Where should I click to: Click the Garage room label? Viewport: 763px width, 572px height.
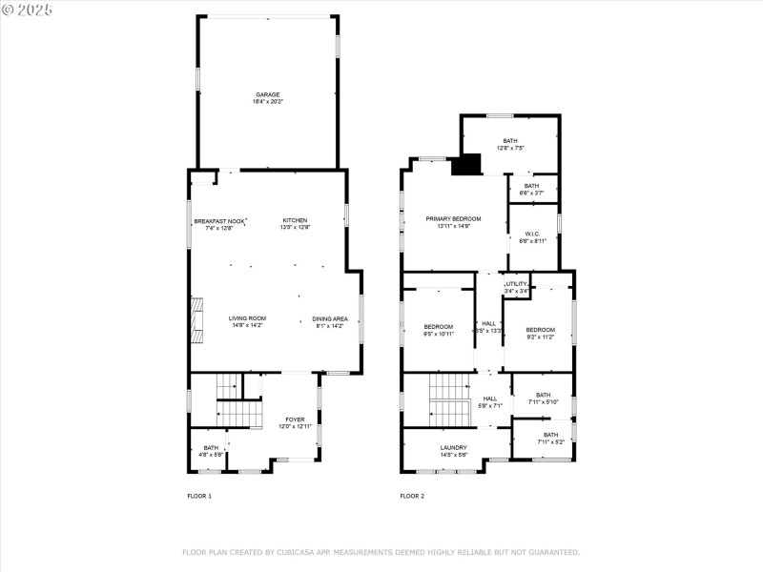click(267, 97)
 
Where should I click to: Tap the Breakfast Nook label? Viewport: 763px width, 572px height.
click(219, 224)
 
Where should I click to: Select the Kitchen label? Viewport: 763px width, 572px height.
click(295, 224)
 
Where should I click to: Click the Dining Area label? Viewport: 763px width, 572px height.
click(330, 321)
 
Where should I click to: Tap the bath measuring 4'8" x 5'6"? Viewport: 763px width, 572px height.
click(211, 451)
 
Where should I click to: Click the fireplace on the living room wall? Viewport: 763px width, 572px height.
click(197, 319)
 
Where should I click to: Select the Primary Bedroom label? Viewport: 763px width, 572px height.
click(453, 222)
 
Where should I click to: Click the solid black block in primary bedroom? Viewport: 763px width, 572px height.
click(465, 166)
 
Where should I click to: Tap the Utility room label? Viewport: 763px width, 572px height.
click(516, 287)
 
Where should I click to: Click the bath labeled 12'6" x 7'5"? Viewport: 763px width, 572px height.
click(510, 144)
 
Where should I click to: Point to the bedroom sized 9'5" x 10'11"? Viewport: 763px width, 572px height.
click(439, 331)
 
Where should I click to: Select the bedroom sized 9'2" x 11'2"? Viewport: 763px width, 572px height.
click(539, 333)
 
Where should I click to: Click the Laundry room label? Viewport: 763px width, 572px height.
click(453, 451)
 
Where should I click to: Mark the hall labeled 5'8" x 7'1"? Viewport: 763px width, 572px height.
click(489, 402)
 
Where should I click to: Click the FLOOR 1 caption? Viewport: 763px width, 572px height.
click(199, 497)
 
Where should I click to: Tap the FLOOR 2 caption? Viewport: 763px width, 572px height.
click(412, 497)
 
